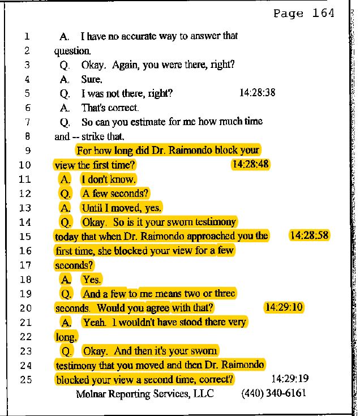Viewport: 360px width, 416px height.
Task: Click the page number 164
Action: point(323,13)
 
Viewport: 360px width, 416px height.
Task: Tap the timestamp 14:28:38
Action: point(258,93)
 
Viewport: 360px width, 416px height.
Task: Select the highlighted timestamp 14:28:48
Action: point(250,164)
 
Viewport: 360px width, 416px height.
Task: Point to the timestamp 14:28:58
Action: point(309,235)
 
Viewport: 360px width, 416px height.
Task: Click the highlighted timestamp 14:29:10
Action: point(284,307)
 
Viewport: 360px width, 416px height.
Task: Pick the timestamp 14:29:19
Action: point(290,379)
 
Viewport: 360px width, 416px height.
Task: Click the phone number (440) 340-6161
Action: point(273,393)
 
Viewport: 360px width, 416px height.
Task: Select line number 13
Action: point(25,208)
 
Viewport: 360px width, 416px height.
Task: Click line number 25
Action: point(25,380)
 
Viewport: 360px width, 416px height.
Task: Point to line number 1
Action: point(27,36)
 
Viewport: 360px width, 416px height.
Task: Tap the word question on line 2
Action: point(72,51)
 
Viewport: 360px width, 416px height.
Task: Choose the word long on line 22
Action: point(65,337)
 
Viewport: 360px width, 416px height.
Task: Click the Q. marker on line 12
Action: point(65,194)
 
